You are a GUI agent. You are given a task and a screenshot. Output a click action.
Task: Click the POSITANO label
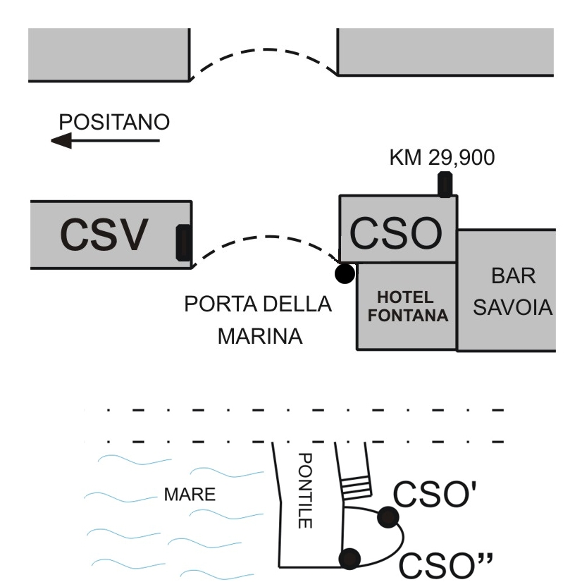tap(114, 122)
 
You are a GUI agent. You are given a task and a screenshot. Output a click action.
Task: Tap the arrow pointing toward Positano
tap(106, 141)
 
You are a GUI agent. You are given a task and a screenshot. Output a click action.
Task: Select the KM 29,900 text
tap(442, 157)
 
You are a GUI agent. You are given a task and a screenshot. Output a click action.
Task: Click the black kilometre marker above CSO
tap(445, 185)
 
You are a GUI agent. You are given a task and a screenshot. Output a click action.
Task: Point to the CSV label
tap(104, 235)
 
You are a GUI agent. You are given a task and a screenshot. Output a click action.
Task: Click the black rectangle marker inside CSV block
tap(184, 243)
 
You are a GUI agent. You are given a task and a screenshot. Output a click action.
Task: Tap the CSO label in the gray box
tap(396, 233)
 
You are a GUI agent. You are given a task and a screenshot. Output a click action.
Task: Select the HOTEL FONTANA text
tap(407, 307)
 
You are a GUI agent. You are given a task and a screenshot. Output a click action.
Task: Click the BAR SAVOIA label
tap(513, 292)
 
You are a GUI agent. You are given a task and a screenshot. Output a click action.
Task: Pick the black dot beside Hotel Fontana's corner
tap(345, 273)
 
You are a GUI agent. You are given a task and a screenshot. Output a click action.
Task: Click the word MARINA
tap(260, 336)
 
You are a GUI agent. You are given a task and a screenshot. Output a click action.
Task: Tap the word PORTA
tap(221, 304)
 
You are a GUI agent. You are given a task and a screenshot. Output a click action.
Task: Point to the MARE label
tap(190, 495)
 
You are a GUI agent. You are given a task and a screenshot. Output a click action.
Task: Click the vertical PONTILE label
tap(305, 490)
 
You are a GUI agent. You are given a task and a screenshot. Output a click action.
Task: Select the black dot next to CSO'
tap(388, 517)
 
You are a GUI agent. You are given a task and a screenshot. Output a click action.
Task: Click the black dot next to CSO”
tap(349, 559)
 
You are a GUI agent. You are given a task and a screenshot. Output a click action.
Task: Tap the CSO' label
tap(435, 494)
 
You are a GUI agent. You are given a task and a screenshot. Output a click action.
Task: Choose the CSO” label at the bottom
tap(446, 565)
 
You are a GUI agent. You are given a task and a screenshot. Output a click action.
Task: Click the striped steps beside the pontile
tap(356, 488)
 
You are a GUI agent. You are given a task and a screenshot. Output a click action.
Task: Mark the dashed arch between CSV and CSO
tap(268, 237)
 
